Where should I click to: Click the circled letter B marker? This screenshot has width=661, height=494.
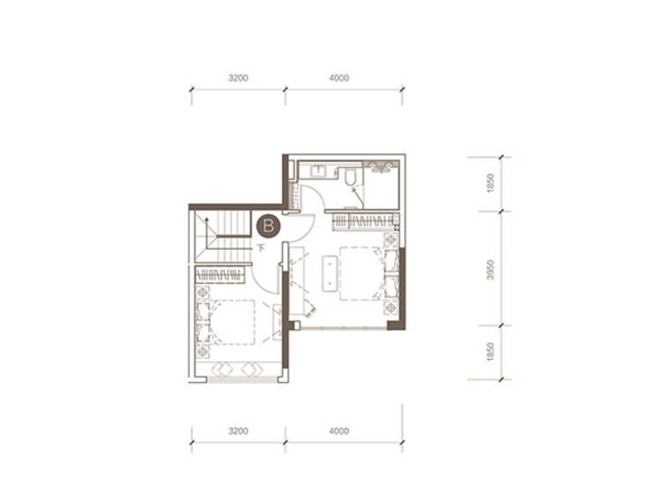[x=269, y=226]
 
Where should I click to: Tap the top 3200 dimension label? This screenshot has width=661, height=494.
[x=238, y=78]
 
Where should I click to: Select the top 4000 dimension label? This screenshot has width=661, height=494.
[x=339, y=78]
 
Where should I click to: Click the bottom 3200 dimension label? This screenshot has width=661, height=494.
[x=238, y=431]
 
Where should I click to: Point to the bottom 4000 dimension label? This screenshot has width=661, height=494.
[x=339, y=431]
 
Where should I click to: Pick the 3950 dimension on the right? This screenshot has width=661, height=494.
[x=490, y=270]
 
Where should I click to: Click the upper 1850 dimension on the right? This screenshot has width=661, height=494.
[x=490, y=183]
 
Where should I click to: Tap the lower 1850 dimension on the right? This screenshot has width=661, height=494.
[x=490, y=351]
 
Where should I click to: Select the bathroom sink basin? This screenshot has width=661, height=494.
[x=317, y=170]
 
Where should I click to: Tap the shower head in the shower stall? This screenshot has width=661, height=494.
[x=382, y=167]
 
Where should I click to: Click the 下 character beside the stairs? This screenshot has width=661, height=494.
[x=262, y=248]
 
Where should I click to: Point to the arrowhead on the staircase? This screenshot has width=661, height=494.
[x=206, y=220]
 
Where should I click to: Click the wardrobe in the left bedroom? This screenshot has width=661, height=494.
[x=219, y=275]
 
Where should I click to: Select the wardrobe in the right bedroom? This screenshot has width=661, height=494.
[x=365, y=221]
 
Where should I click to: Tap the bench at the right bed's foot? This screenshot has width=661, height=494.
[x=330, y=273]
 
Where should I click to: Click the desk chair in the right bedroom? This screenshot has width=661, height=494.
[x=309, y=310]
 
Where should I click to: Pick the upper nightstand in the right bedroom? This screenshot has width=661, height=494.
[x=390, y=240]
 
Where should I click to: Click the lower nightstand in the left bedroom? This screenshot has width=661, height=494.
[x=203, y=351]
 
